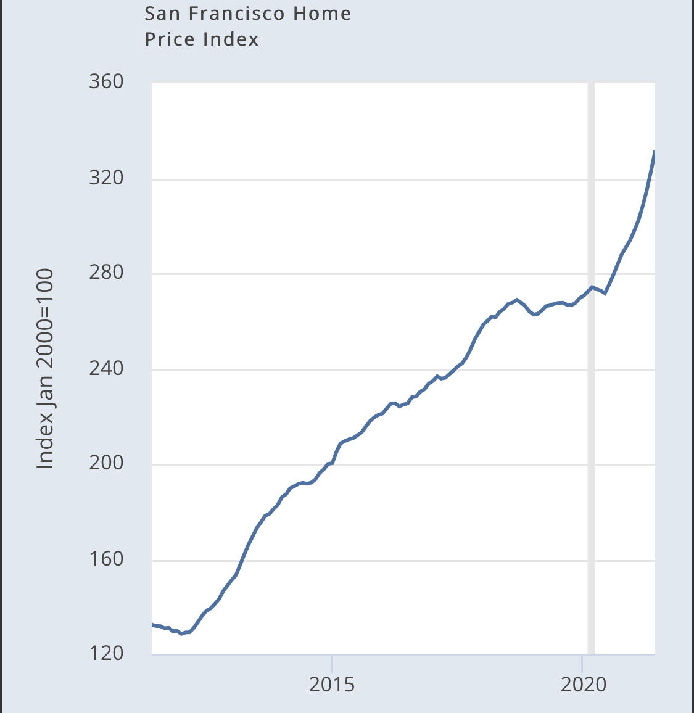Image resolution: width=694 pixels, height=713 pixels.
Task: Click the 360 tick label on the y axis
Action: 106,81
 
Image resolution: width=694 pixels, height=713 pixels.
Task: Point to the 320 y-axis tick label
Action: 106,178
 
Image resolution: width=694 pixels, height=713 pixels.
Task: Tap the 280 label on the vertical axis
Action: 106,272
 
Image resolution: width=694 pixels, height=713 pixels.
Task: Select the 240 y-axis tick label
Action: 106,368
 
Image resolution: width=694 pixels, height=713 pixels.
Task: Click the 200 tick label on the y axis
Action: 106,463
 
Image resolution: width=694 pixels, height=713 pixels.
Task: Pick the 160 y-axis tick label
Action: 106,559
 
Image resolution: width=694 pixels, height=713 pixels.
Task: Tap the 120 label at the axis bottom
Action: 106,653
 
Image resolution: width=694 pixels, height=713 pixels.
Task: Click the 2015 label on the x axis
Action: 332,684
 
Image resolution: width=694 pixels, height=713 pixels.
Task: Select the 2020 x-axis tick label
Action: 583,684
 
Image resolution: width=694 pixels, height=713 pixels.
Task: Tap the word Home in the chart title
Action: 326,14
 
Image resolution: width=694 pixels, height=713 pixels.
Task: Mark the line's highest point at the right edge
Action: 654,152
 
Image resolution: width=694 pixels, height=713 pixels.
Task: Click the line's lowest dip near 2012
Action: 182,633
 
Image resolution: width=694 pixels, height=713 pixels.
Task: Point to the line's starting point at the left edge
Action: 152,624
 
